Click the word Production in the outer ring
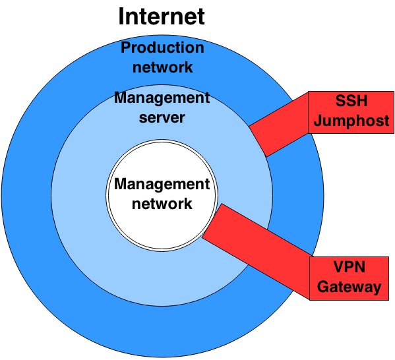coord(162,48)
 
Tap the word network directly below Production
coord(162,67)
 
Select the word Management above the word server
coord(162,98)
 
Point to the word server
coord(162,119)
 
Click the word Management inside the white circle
coord(162,184)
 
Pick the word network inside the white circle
coord(162,203)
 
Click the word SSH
coord(351,102)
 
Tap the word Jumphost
coord(351,121)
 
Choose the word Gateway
coord(349,287)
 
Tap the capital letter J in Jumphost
coord(319,121)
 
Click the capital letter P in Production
coord(126,48)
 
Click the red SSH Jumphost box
coord(351,112)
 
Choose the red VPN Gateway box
coord(349,278)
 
